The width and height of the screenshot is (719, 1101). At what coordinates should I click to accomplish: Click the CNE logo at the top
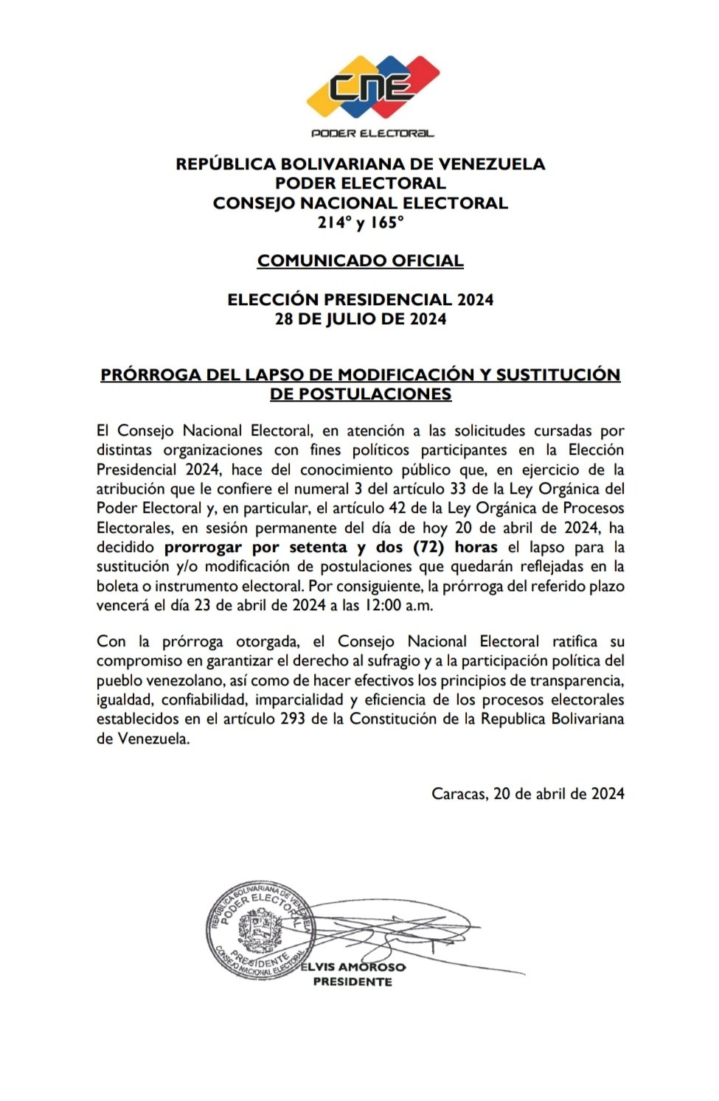(x=372, y=87)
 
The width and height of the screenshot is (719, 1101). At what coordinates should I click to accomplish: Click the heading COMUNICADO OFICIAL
(x=360, y=261)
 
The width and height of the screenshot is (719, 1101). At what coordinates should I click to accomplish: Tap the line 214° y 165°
(x=360, y=223)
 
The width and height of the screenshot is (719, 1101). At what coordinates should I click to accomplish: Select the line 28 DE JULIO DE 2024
(x=360, y=319)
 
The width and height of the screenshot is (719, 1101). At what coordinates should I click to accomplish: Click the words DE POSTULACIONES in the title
(x=360, y=394)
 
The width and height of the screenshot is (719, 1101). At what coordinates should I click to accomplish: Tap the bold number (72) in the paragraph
(x=428, y=548)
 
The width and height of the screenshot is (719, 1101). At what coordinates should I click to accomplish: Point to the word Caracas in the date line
(x=458, y=794)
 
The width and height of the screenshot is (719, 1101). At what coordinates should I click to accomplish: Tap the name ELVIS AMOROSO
(x=352, y=967)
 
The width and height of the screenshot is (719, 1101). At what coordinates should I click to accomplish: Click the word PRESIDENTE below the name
(x=352, y=982)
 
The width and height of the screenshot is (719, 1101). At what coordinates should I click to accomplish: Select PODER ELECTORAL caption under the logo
(x=372, y=133)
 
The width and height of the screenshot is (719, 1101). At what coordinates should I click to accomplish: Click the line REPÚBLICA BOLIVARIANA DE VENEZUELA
(x=360, y=164)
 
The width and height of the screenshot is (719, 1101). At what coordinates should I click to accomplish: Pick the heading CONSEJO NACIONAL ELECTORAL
(x=360, y=203)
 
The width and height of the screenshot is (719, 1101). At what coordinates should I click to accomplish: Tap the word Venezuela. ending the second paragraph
(x=153, y=739)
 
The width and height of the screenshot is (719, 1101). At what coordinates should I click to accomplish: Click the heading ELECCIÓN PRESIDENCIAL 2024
(x=360, y=300)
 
